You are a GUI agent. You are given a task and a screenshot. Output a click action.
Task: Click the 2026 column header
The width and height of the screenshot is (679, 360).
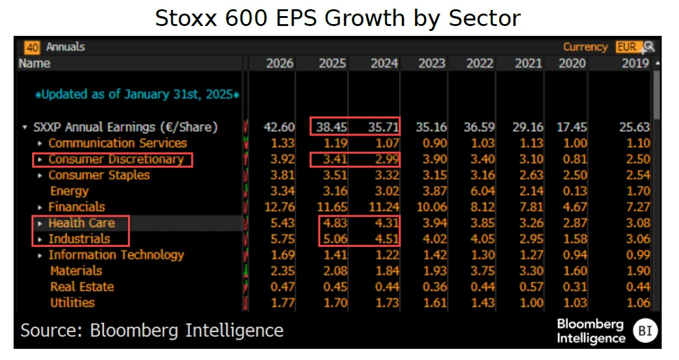point(280,63)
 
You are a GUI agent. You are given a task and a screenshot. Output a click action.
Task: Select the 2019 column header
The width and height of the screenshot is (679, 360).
point(635,63)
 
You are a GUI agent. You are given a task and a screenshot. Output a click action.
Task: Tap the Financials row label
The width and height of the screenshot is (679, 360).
point(77,207)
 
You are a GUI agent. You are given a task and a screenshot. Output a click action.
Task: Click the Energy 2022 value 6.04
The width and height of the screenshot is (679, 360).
point(480,191)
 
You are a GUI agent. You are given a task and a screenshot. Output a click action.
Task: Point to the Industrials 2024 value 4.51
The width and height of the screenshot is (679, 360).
point(384,239)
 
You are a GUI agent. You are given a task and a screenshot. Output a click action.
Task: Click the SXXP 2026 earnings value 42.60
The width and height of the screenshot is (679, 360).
point(278,127)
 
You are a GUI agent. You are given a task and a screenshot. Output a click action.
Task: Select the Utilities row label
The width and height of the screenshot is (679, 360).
point(72,302)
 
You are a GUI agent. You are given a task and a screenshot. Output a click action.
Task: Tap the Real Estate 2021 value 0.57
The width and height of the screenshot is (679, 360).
point(529,287)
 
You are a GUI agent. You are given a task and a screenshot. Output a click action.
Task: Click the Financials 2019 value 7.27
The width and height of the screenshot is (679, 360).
point(637,207)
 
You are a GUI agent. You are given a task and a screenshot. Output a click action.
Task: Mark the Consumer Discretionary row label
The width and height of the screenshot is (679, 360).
point(116,160)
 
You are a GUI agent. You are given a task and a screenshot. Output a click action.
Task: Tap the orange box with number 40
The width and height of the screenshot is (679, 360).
point(32,47)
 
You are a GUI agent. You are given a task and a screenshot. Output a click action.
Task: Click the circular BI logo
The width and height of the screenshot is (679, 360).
point(645,331)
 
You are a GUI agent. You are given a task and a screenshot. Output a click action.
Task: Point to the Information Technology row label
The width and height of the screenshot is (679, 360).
point(116,255)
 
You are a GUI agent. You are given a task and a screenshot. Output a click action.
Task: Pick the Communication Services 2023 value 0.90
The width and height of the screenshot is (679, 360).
point(433,144)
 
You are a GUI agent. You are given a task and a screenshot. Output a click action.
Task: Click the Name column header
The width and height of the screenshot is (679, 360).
point(35,63)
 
